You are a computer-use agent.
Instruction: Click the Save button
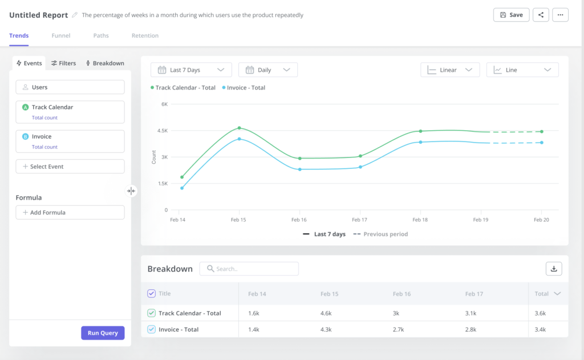point(511,15)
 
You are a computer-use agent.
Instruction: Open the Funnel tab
point(60,35)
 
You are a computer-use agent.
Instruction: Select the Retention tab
point(145,35)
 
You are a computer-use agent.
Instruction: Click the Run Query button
point(103,333)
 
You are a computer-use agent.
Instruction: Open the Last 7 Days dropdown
point(191,70)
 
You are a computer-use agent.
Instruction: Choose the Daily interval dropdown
point(268,70)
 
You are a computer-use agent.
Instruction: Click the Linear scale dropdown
point(449,70)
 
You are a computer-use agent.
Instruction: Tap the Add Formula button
point(70,212)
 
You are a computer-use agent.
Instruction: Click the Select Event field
point(70,167)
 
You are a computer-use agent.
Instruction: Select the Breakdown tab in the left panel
point(105,63)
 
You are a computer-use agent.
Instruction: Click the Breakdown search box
point(249,269)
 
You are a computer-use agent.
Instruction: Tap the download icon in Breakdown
point(554,269)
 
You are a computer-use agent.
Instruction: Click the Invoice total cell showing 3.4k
point(540,329)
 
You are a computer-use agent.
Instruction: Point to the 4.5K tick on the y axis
point(163,131)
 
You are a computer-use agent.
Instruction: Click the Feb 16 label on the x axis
point(299,220)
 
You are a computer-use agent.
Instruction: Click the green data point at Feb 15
point(239,128)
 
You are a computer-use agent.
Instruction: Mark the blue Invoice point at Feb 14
point(182,188)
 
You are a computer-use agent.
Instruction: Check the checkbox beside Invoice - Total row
point(151,329)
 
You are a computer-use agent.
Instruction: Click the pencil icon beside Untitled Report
point(74,15)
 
